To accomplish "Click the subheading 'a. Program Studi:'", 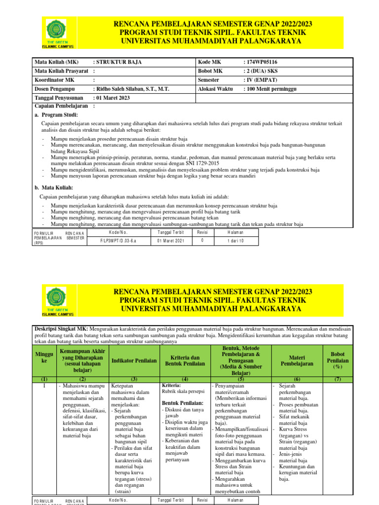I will click(56, 114).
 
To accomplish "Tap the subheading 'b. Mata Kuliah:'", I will click(54, 188).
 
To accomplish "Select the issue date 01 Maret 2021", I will click(170, 241).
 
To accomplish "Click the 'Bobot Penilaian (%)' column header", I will click(338, 360).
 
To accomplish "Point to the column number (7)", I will click(338, 380).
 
